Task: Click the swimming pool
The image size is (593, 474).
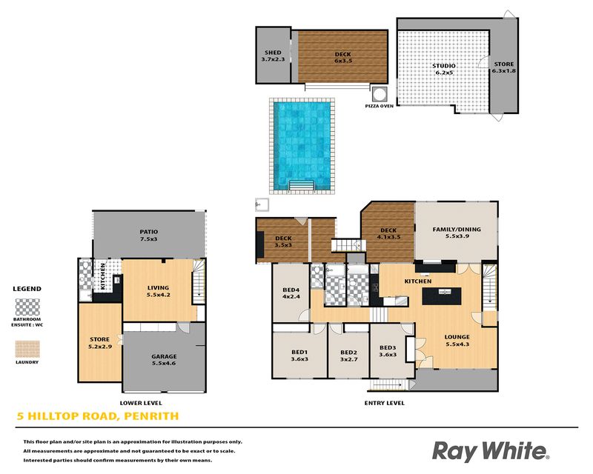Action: [302, 146]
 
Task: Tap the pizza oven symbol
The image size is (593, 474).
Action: [379, 93]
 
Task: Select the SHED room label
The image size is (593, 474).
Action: [273, 53]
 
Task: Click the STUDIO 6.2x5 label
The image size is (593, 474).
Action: [444, 69]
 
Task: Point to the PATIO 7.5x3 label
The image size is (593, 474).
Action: [149, 235]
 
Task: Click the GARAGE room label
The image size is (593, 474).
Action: [164, 356]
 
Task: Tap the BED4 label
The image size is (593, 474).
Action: [291, 290]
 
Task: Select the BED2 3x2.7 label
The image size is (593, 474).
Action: [348, 355]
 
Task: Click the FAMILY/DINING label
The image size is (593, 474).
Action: [457, 229]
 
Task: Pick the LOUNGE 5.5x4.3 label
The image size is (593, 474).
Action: [457, 340]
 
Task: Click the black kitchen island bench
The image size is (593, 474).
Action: [442, 296]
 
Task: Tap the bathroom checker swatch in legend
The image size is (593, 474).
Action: [27, 307]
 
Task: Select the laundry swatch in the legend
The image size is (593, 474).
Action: [27, 350]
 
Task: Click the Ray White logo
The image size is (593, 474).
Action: [491, 452]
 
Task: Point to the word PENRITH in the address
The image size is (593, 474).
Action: [151, 416]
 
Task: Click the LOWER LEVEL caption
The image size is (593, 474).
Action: [141, 403]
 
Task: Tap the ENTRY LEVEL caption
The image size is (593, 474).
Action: [384, 403]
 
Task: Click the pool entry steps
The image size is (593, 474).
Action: [302, 186]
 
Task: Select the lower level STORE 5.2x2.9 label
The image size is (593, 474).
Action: [100, 343]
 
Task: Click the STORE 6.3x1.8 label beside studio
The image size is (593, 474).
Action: [504, 67]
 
